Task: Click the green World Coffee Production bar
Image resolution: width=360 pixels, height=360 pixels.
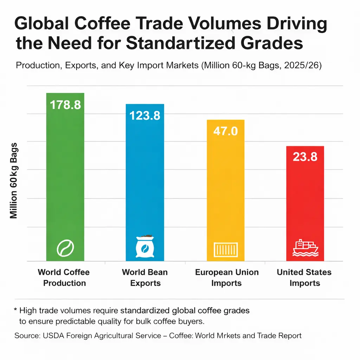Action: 65,176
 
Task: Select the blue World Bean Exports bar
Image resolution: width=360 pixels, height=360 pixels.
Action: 145,183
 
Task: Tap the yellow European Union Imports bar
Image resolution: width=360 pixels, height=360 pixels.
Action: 225,190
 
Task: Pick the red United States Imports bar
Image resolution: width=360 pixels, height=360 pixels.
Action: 305,204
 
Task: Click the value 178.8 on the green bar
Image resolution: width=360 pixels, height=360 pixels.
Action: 65,104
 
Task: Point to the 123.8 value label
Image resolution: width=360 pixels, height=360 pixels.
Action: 145,115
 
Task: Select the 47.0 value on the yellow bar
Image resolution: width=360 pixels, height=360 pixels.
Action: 225,131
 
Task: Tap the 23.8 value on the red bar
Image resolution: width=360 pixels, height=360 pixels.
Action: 305,157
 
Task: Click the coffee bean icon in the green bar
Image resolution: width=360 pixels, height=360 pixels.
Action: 65,248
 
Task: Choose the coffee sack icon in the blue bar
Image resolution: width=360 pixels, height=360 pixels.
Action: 145,246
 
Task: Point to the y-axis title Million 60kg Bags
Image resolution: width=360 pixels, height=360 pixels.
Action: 14,181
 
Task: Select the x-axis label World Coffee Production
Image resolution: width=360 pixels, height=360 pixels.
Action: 64,277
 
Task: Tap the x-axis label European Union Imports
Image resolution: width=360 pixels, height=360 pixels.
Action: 226,277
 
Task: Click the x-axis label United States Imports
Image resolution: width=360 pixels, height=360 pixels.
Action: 304,277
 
